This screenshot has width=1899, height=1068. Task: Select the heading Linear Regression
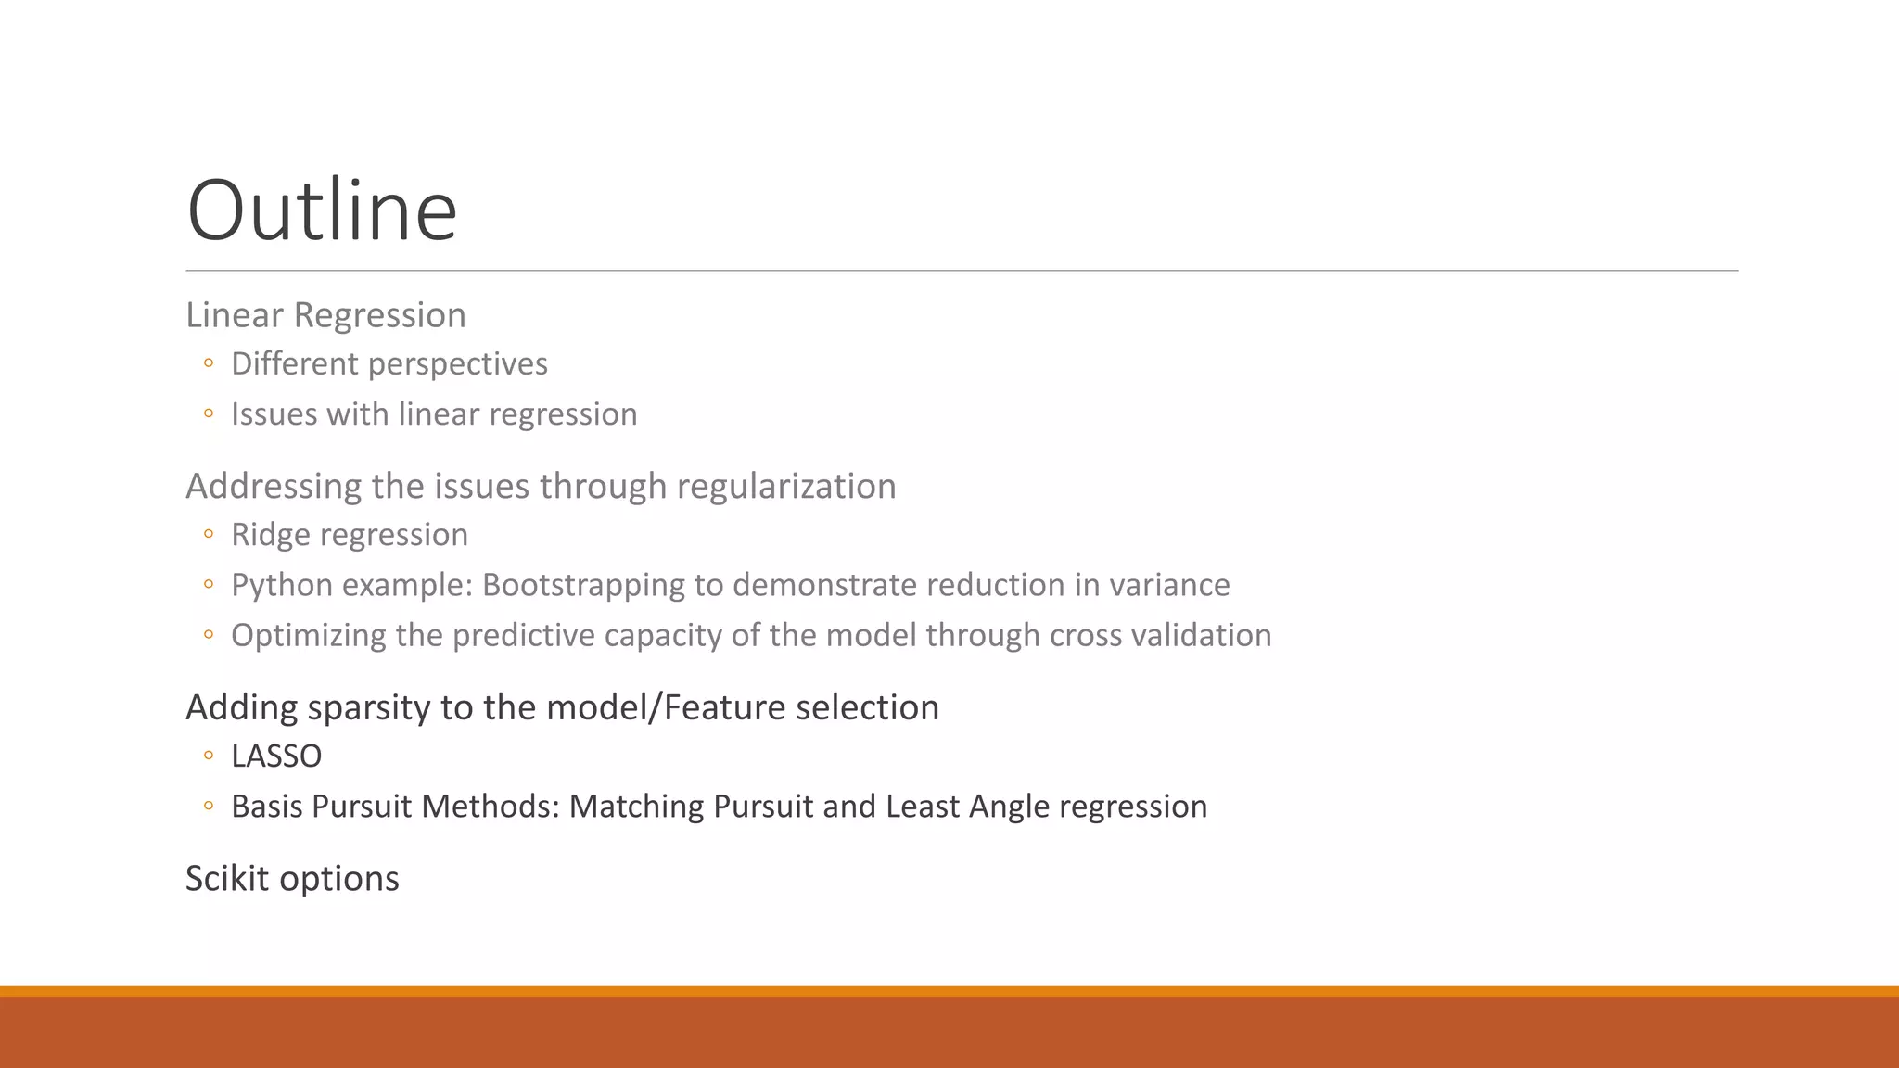pyautogui.click(x=325, y=315)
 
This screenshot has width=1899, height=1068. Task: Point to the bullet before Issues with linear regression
pyautogui.click(x=209, y=413)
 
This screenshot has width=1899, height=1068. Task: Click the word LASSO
pyautogui.click(x=276, y=756)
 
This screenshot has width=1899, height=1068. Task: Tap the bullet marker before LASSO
pyautogui.click(x=209, y=756)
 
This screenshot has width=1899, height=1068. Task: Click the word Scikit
pyautogui.click(x=227, y=879)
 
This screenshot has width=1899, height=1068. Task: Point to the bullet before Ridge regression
pyautogui.click(x=209, y=534)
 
